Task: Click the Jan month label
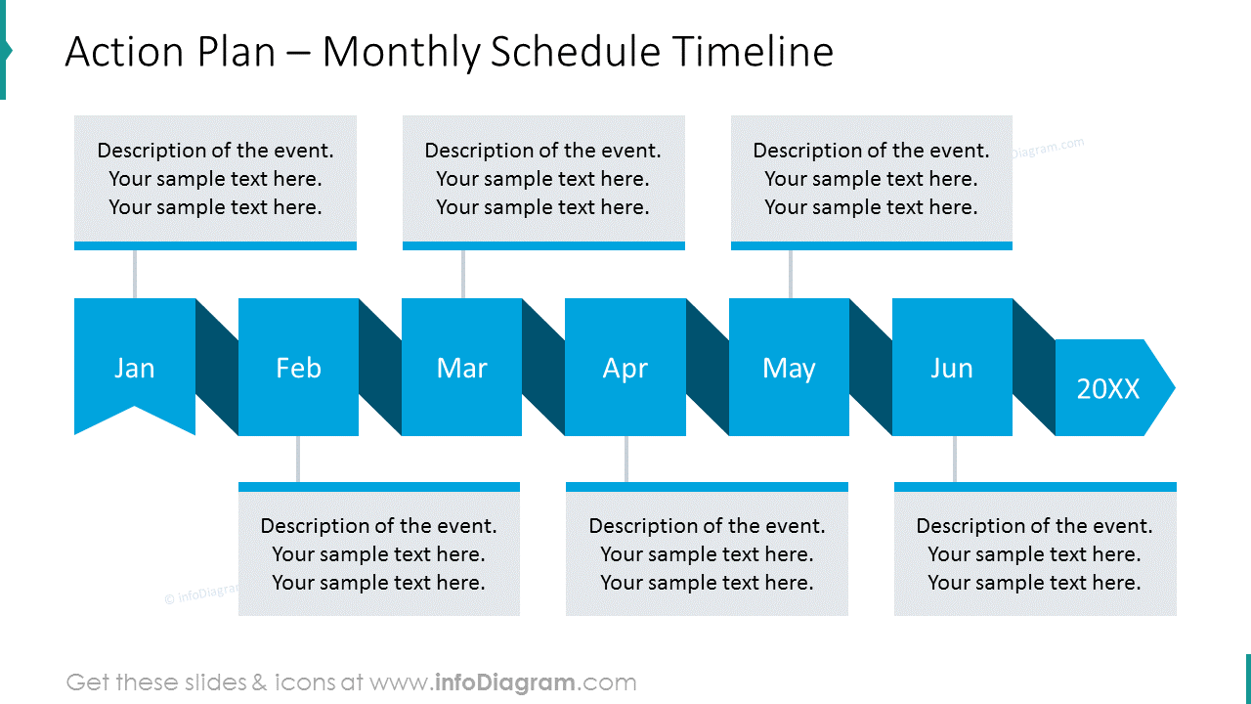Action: [x=135, y=368]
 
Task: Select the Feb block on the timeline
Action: [x=298, y=368]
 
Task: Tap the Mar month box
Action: [x=461, y=368]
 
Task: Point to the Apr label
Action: [x=625, y=368]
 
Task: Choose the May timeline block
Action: [x=789, y=368]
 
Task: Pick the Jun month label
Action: [x=952, y=368]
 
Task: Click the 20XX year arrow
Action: [x=1109, y=388]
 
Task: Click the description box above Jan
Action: [x=215, y=179]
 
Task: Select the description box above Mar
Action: [x=543, y=179]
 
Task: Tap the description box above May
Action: [x=871, y=179]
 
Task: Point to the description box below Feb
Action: [x=379, y=553]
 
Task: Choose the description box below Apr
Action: [x=707, y=553]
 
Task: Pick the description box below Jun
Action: [x=1035, y=553]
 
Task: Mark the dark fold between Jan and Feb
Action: [x=217, y=367]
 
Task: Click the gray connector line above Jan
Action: [x=135, y=274]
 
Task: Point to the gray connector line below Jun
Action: [x=955, y=459]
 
